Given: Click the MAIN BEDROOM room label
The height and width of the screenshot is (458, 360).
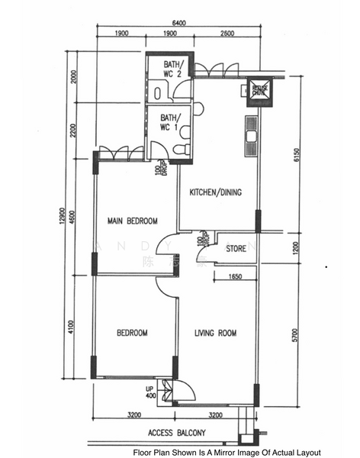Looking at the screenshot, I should (132, 221).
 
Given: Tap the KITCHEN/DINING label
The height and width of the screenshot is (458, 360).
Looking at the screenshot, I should (215, 192).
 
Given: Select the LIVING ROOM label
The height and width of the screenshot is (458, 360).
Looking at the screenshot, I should (215, 333).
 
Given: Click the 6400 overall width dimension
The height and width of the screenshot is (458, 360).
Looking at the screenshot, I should (178, 23).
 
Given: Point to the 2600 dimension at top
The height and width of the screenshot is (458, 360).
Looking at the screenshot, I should (227, 34).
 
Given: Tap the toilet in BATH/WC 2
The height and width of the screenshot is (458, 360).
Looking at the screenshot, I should (156, 92).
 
